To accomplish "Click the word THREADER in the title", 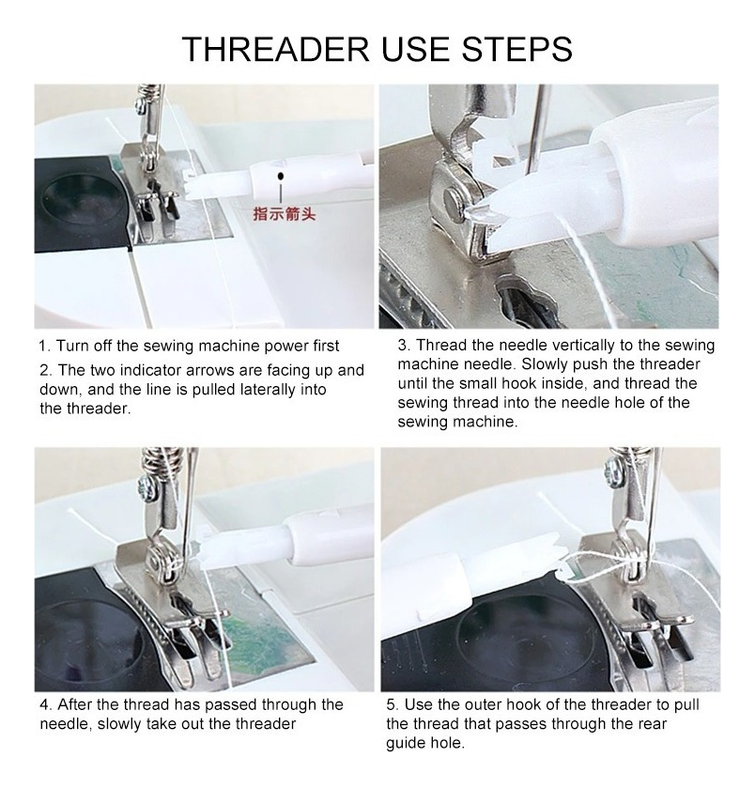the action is (276, 49).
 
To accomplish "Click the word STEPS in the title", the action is (516, 49).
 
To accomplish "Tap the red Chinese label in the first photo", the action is (285, 213).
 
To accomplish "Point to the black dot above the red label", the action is (281, 176).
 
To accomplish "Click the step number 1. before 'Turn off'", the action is (44, 346).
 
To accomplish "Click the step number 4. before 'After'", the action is (46, 704).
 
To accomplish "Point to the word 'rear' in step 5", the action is (653, 724).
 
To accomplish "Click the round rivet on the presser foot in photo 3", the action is (454, 203).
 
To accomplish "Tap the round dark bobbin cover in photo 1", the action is (81, 202).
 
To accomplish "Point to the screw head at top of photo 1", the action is (139, 104).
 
